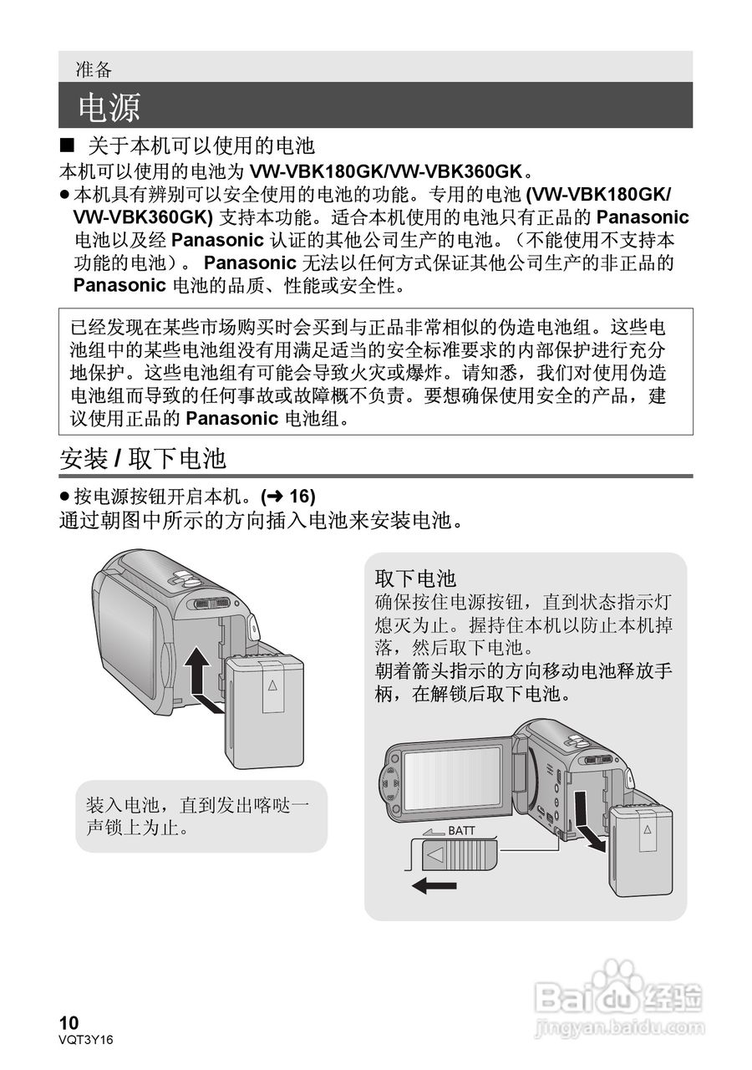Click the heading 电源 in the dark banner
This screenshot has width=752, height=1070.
[x=109, y=107]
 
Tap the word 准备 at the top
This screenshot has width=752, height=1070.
[x=94, y=69]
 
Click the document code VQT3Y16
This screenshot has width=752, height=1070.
[x=85, y=1039]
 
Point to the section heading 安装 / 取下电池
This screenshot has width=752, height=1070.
[x=143, y=458]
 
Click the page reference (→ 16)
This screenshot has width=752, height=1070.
[x=287, y=497]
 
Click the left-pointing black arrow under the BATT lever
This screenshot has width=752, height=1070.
[x=434, y=885]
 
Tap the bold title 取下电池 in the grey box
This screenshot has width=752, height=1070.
[x=414, y=578]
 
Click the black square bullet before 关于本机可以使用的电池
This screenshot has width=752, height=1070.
[x=68, y=145]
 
